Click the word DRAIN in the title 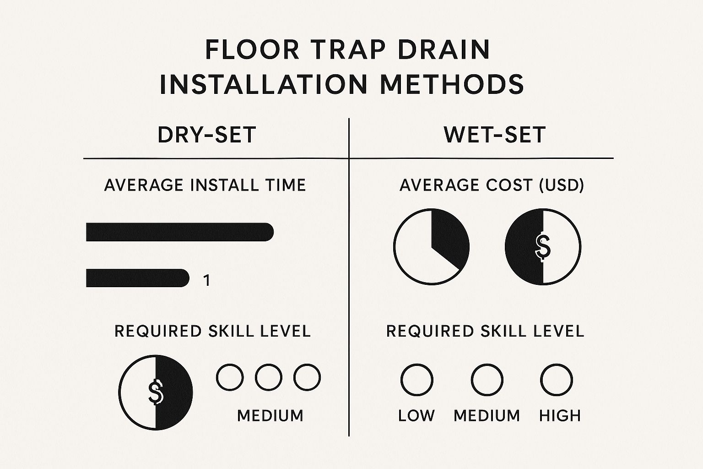[x=444, y=49]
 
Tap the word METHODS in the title [x=452, y=84]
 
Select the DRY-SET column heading [x=207, y=135]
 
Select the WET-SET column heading [x=495, y=135]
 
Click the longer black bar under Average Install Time [x=180, y=232]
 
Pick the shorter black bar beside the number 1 [x=137, y=278]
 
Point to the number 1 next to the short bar [x=206, y=280]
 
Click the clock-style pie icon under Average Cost [x=432, y=246]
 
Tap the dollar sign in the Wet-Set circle [x=543, y=246]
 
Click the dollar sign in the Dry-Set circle [x=155, y=392]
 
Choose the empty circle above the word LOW [x=417, y=380]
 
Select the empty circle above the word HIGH [x=557, y=380]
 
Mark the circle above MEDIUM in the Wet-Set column [x=487, y=380]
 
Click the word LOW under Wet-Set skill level [x=416, y=415]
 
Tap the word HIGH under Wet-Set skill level [x=560, y=415]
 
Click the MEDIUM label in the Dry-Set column [x=270, y=415]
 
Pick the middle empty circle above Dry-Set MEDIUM [x=269, y=377]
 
